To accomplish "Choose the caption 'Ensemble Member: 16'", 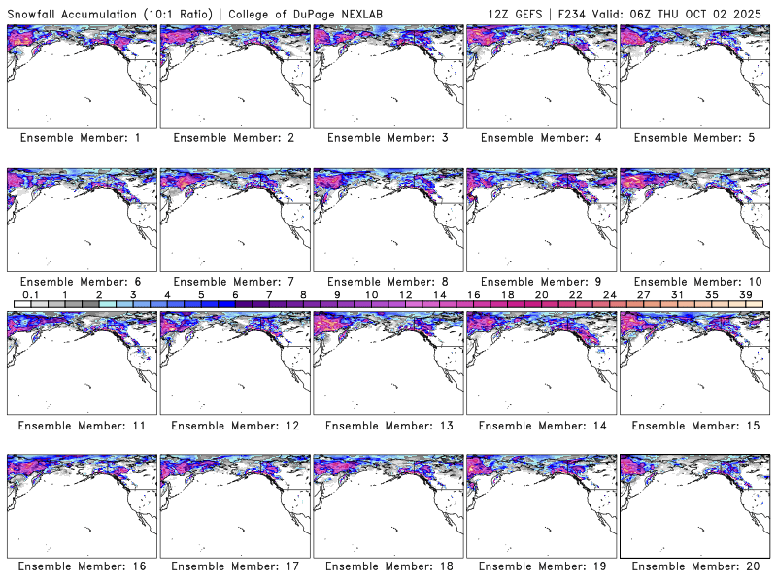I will coord(81,566).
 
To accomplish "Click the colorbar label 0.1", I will coord(30,294).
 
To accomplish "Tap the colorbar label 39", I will coord(746,294).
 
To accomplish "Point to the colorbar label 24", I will coord(610,294).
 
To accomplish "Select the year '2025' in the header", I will coord(754,12).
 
